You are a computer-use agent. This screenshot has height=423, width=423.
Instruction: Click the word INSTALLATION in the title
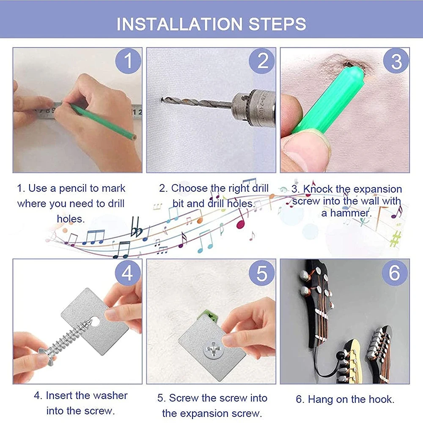pyautogui.click(x=180, y=24)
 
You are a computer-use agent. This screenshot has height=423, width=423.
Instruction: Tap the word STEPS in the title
pyautogui.click(x=277, y=24)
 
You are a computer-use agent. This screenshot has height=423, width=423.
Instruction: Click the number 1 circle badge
pyautogui.click(x=128, y=60)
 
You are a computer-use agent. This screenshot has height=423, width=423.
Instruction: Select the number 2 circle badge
pyautogui.click(x=262, y=60)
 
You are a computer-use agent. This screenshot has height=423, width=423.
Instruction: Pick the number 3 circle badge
pyautogui.click(x=396, y=60)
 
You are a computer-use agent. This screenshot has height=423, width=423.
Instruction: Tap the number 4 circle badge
pyautogui.click(x=128, y=272)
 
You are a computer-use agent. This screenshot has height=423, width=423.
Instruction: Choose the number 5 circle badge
pyautogui.click(x=262, y=272)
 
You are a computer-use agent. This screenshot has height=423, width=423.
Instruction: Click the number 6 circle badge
pyautogui.click(x=395, y=272)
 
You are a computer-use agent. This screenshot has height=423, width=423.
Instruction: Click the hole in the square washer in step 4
pyautogui.click(x=95, y=321)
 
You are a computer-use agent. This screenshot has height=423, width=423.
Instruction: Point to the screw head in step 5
pyautogui.click(x=213, y=349)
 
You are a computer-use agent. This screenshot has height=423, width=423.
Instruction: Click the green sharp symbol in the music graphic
pyautogui.click(x=395, y=239)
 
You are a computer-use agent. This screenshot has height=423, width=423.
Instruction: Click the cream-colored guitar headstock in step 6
pyautogui.click(x=351, y=362)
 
